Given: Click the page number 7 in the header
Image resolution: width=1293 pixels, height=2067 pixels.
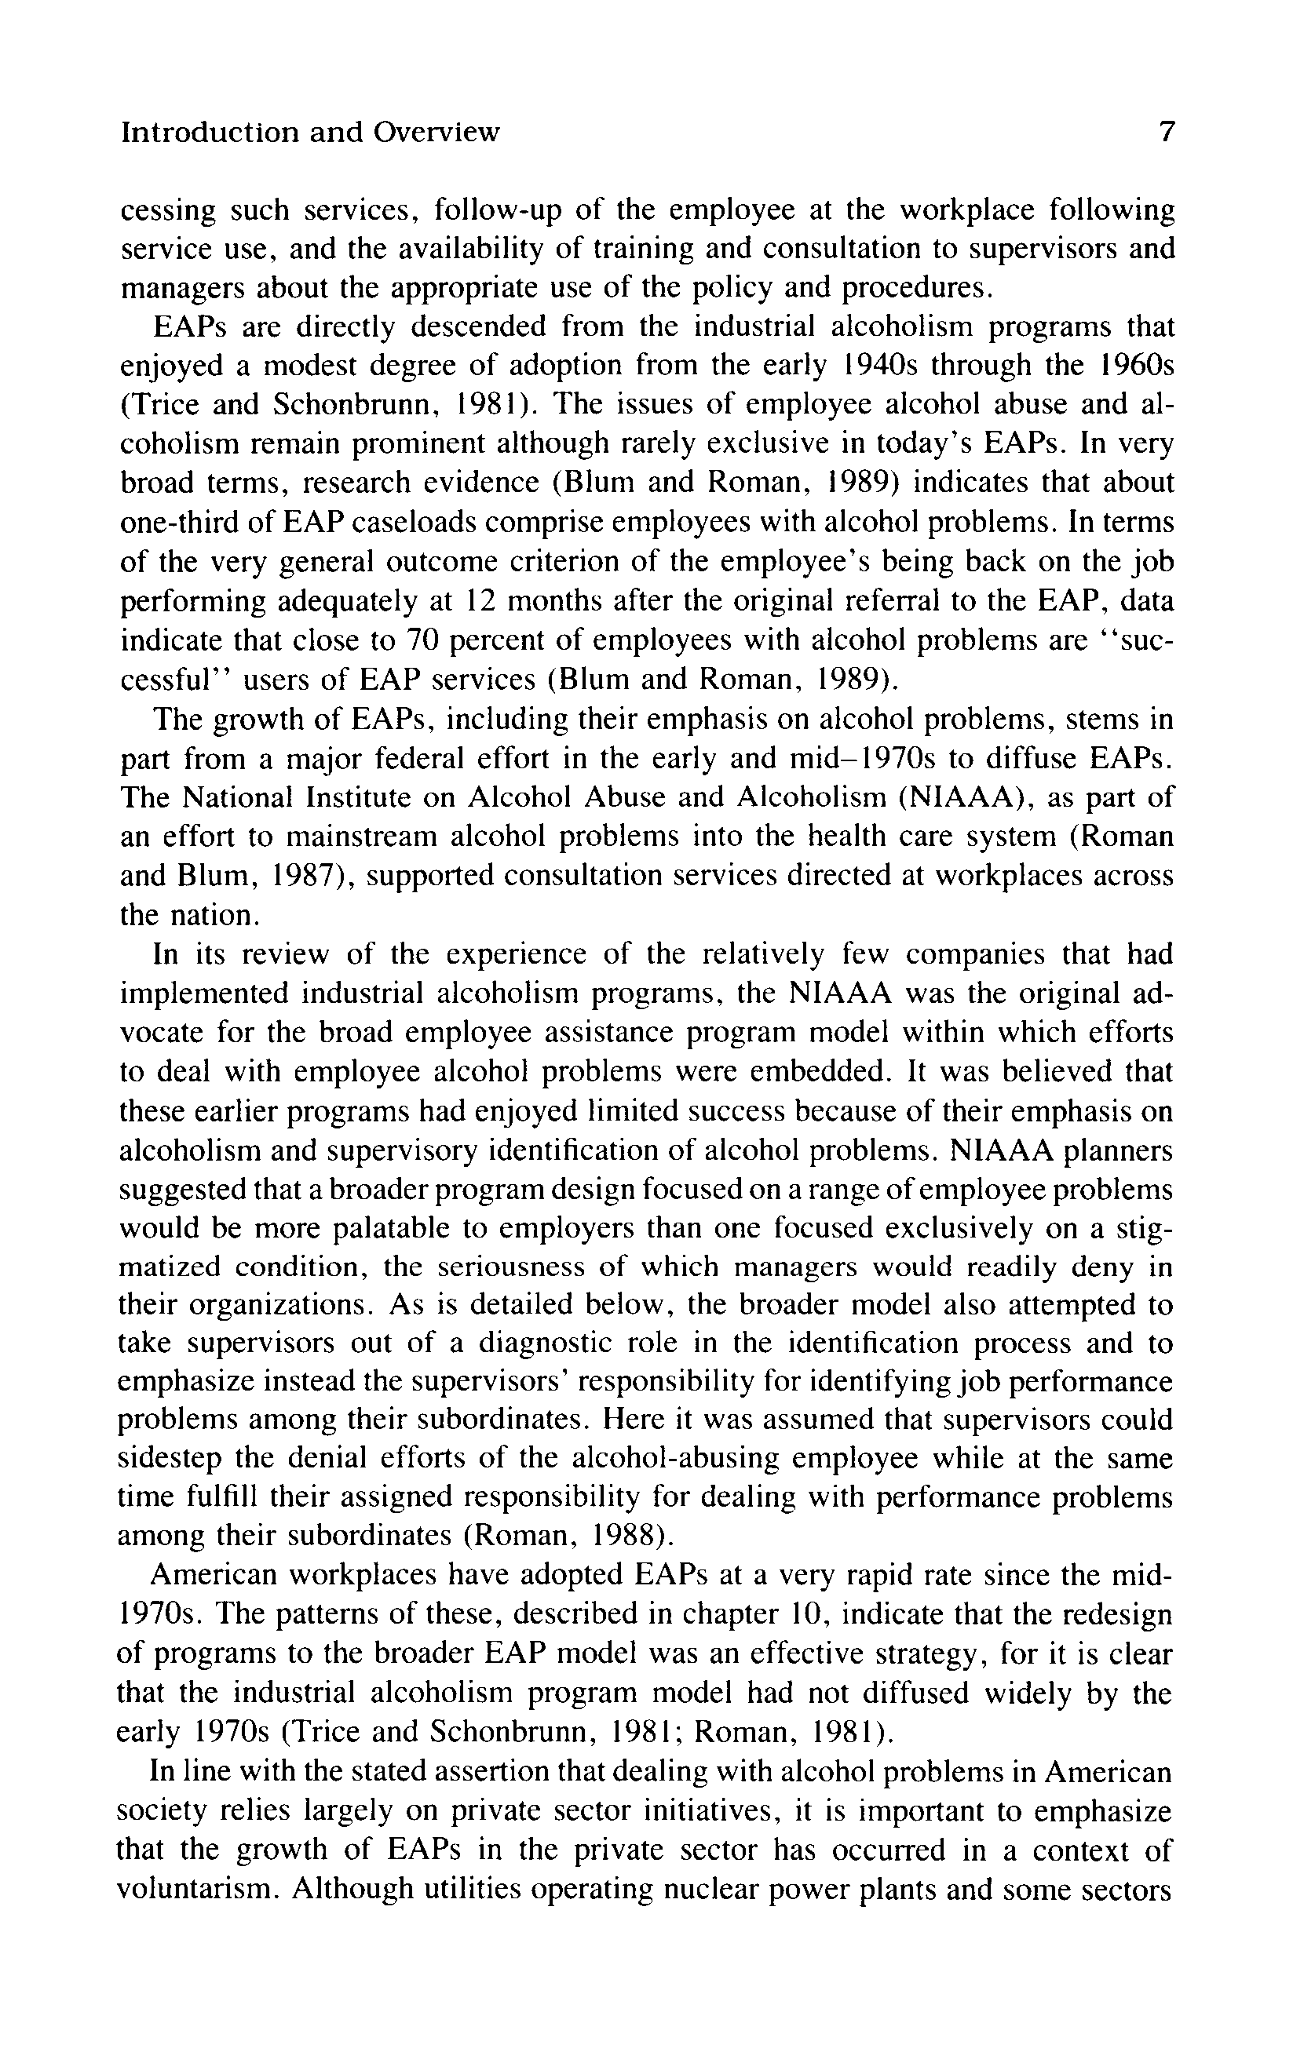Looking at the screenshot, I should [x=1167, y=133].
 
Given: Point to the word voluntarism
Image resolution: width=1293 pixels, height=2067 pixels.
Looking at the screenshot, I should [x=197, y=1888].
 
